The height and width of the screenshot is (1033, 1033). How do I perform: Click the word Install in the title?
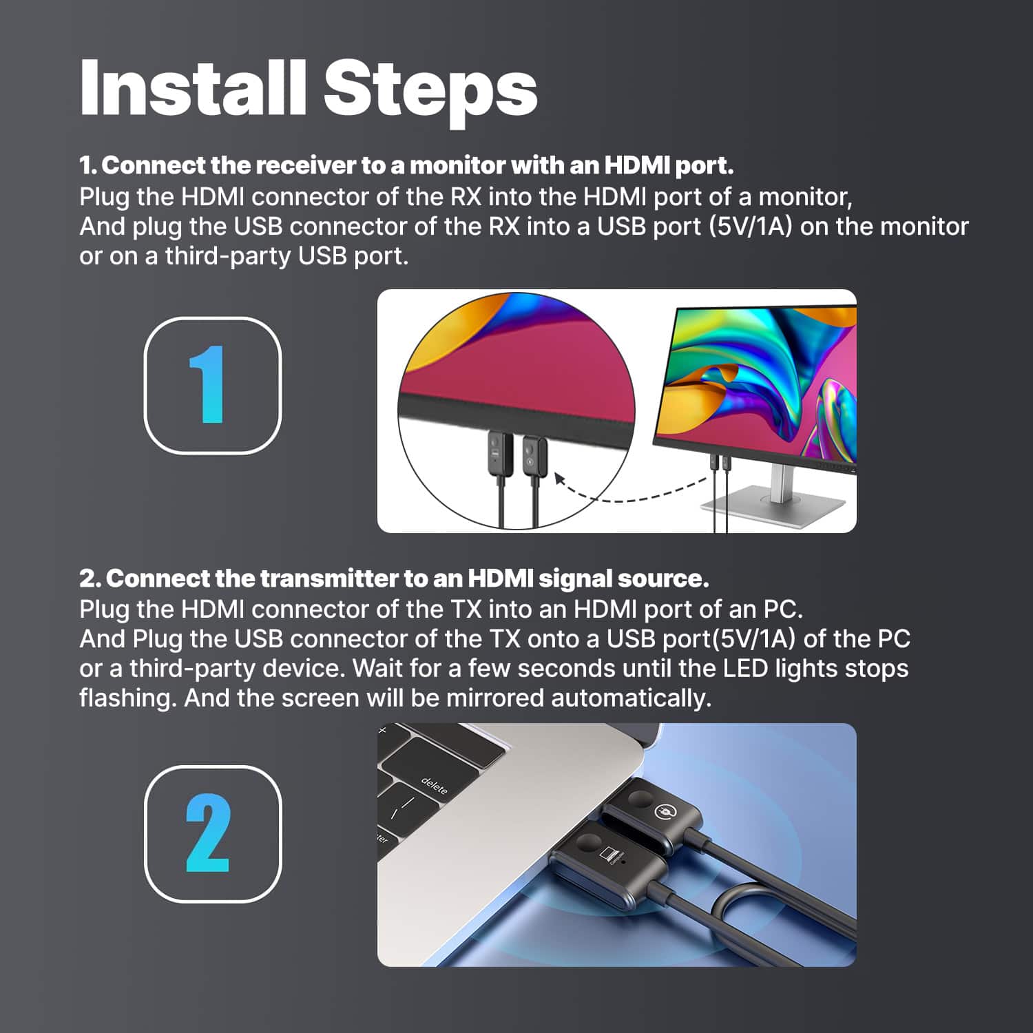click(x=192, y=89)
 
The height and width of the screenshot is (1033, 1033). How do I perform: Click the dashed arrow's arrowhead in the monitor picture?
click(x=561, y=477)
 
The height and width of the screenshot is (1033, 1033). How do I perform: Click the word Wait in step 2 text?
click(x=377, y=669)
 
